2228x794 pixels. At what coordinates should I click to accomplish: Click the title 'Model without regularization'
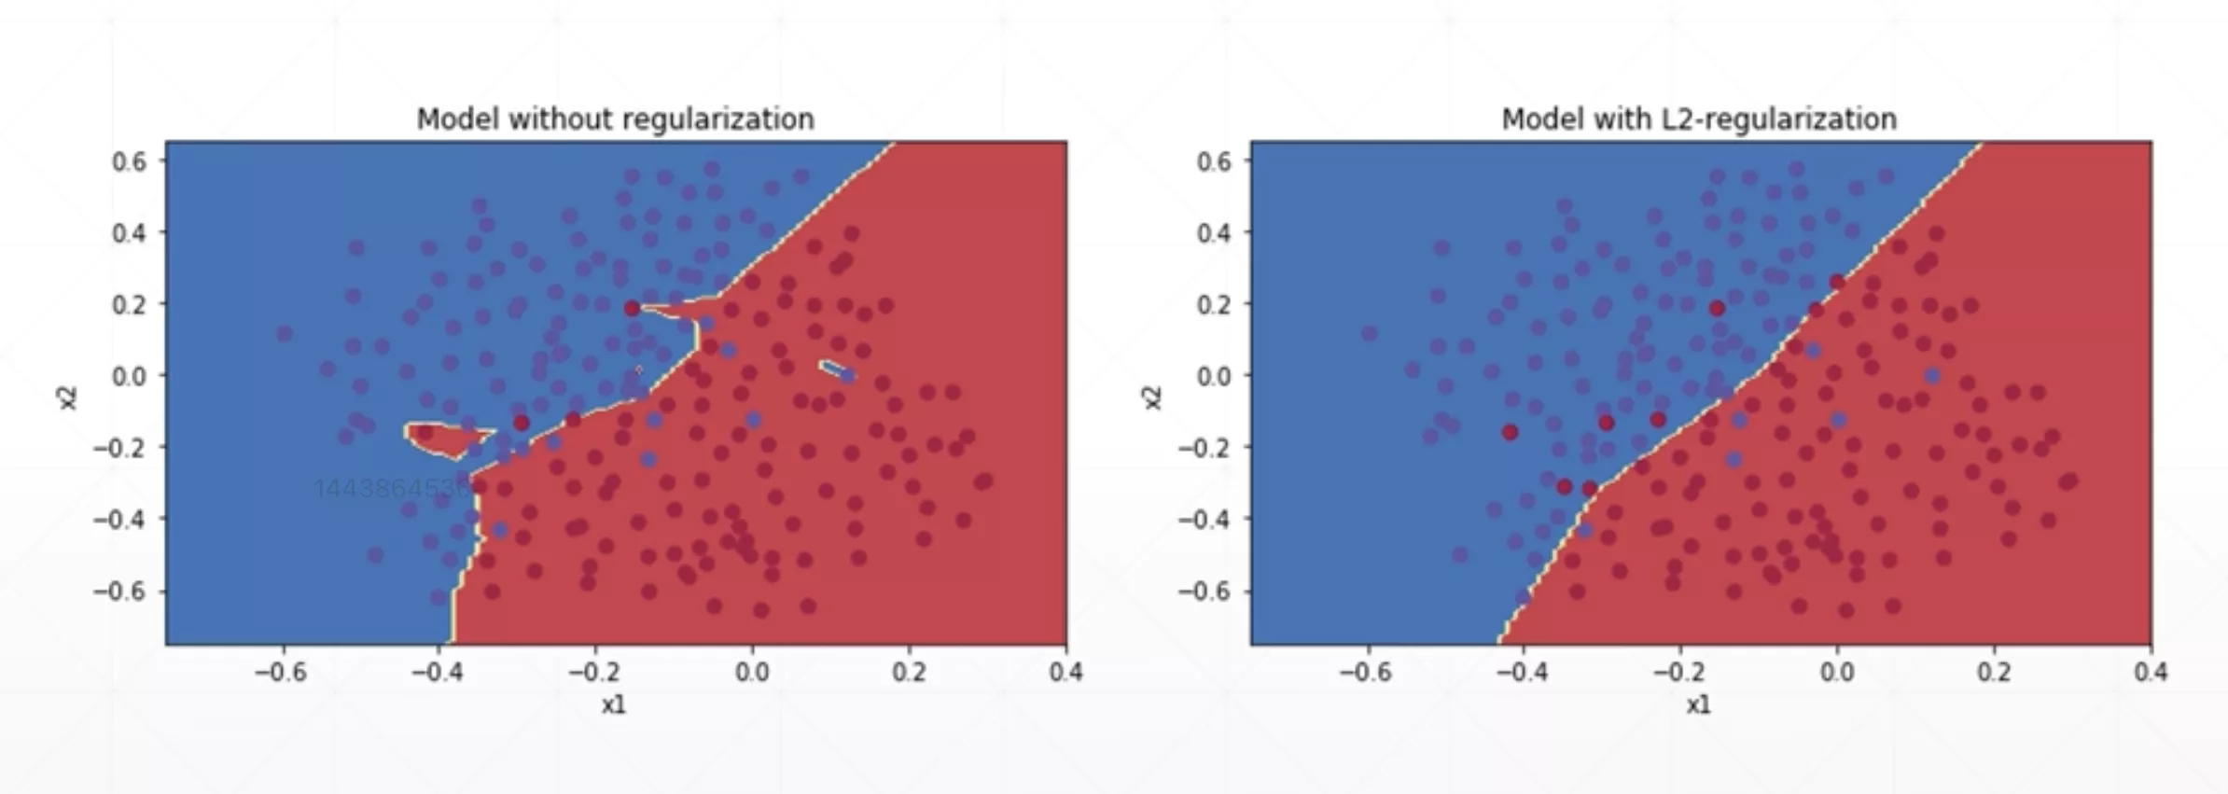coord(615,119)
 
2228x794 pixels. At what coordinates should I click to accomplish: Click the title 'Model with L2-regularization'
coord(1698,119)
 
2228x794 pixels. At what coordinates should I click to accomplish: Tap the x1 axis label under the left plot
coord(613,705)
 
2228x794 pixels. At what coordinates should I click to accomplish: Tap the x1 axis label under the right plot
coord(1698,705)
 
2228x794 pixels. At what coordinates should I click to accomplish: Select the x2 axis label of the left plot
coord(67,397)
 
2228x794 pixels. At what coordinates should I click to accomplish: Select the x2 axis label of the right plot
coord(1152,397)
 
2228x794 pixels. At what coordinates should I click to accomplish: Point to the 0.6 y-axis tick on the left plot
coord(130,161)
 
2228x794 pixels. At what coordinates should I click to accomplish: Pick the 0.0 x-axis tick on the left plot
coord(751,672)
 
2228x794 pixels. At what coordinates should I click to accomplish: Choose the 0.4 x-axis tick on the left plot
coord(1065,672)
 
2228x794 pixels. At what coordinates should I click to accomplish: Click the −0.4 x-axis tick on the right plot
coord(1522,672)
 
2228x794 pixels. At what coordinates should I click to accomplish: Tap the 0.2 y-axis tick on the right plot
coord(1215,304)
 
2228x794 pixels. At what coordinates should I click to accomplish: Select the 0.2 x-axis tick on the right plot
coord(1994,672)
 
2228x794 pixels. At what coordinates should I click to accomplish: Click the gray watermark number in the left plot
coord(392,488)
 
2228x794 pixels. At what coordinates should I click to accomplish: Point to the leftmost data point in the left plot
coord(285,333)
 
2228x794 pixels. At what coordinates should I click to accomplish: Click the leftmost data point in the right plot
coord(1370,333)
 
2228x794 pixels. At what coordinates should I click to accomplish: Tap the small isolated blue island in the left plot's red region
coord(834,370)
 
